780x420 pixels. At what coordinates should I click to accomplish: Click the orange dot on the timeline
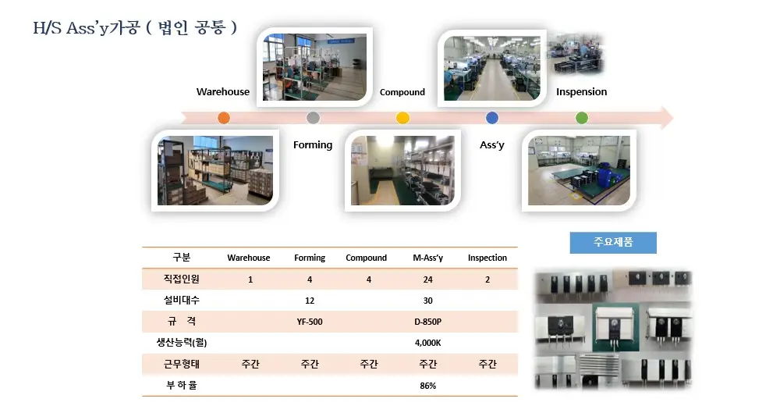[x=224, y=118]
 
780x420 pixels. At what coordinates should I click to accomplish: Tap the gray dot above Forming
[x=313, y=118]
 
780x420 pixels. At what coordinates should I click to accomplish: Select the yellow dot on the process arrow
[x=403, y=118]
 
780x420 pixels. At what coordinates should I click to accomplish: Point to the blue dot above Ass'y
[x=492, y=118]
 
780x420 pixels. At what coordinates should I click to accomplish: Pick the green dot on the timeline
[x=582, y=118]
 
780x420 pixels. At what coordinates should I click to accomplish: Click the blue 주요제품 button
[x=613, y=242]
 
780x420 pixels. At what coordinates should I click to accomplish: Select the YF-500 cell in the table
[x=310, y=322]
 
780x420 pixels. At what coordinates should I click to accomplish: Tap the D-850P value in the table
[x=427, y=322]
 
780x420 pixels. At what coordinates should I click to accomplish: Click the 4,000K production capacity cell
[x=427, y=343]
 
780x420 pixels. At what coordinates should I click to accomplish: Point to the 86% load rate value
[x=427, y=386]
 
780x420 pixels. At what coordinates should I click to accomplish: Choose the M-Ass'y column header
[x=427, y=258]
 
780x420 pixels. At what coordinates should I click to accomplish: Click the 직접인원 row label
[x=182, y=279]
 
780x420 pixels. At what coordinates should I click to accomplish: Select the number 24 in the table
[x=427, y=279]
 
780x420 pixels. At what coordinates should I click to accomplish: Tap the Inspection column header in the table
[x=487, y=258]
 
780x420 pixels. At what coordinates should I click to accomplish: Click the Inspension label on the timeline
[x=582, y=91]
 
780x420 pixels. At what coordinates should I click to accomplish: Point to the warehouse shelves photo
[x=215, y=170]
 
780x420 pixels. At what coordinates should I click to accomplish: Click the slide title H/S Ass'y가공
[x=87, y=28]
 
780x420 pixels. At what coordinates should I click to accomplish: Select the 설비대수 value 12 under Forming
[x=310, y=301]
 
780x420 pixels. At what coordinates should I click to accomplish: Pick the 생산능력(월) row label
[x=182, y=343]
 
